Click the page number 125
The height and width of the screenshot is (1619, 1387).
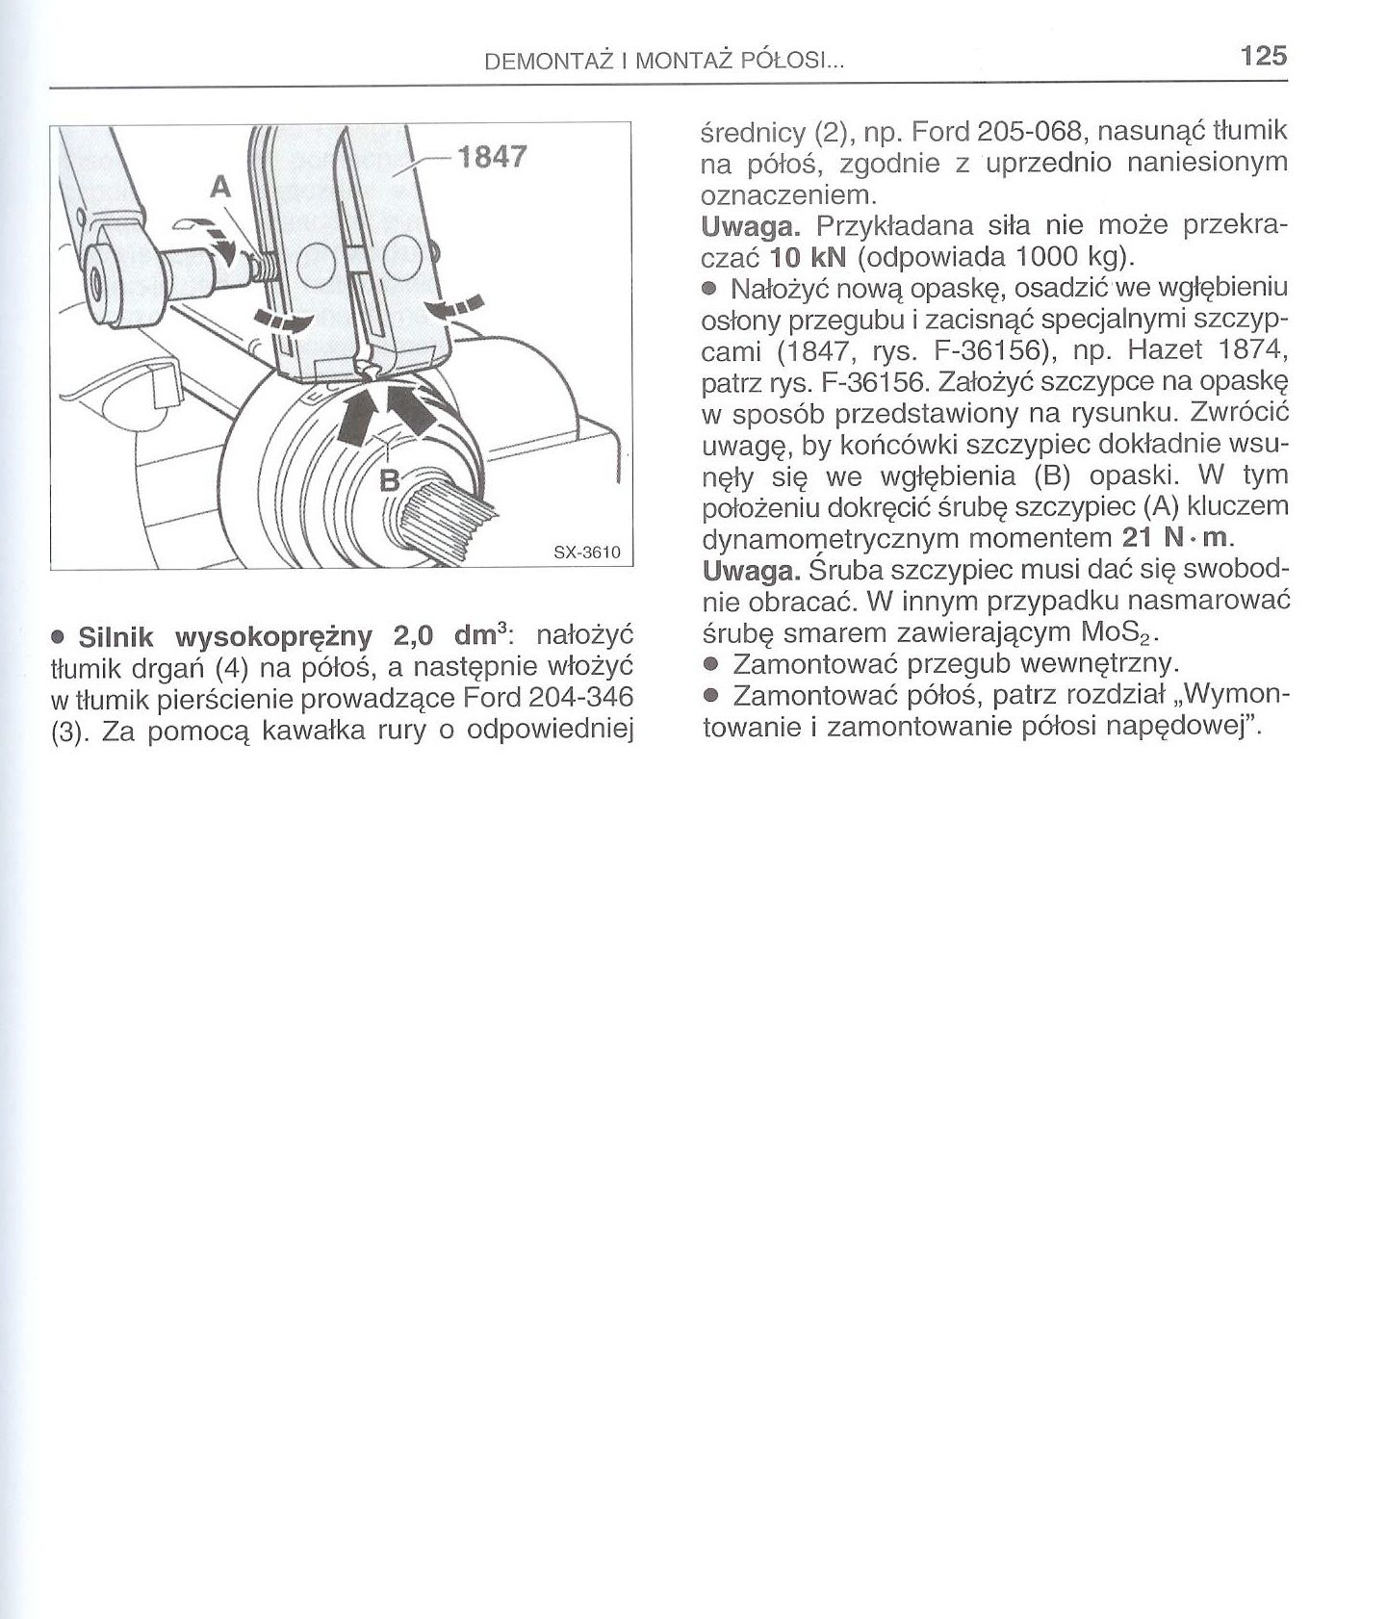[x=1263, y=56]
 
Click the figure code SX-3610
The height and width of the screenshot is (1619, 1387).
[x=587, y=553]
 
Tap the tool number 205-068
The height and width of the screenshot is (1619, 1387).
[x=1024, y=131]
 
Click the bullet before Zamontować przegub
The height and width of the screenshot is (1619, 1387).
[x=710, y=664]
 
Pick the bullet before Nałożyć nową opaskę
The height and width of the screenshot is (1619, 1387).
[x=710, y=288]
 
